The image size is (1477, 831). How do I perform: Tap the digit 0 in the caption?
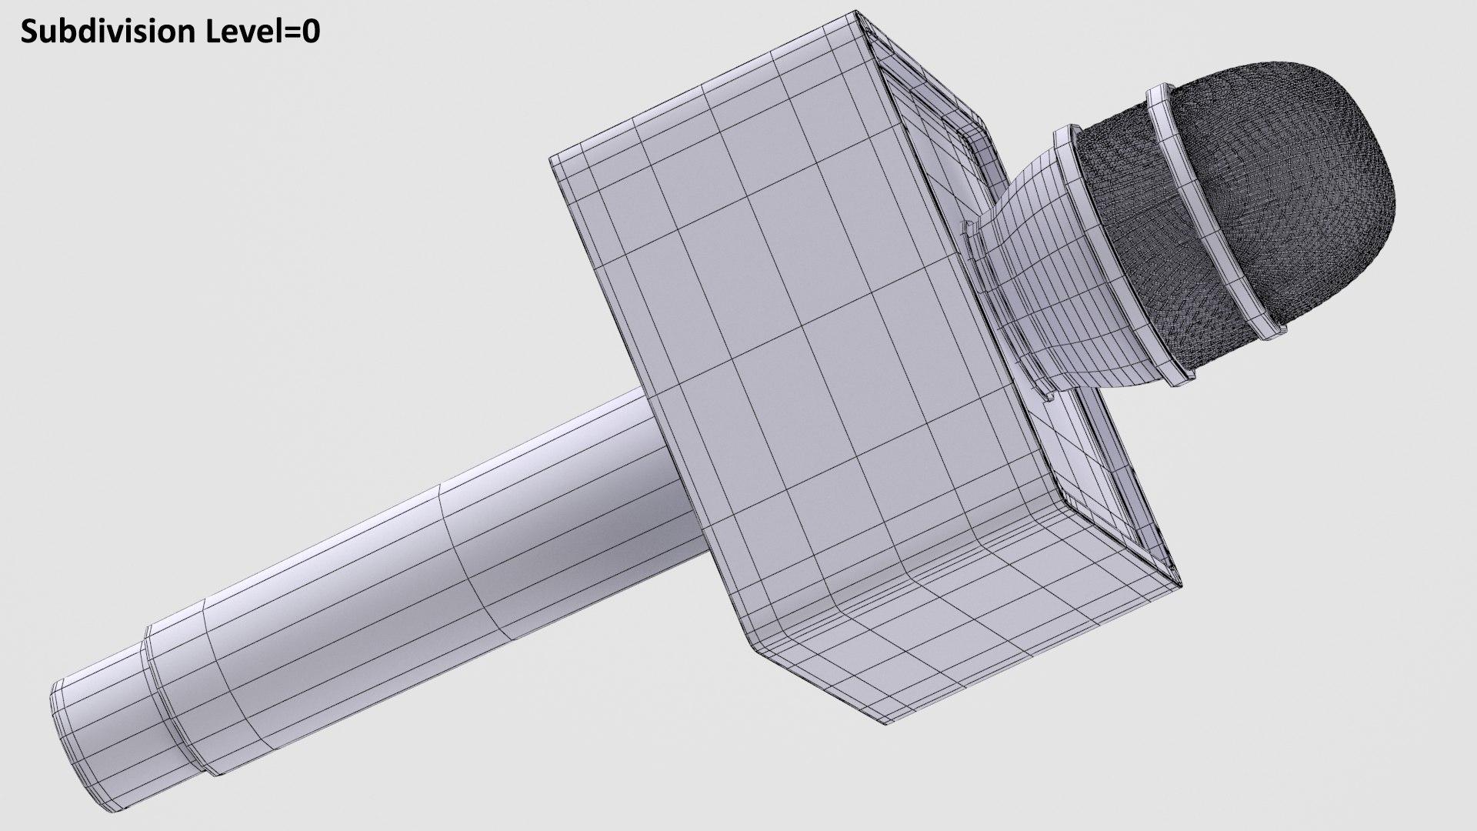pos(310,32)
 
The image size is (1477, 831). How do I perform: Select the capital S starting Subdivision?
pos(29,32)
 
